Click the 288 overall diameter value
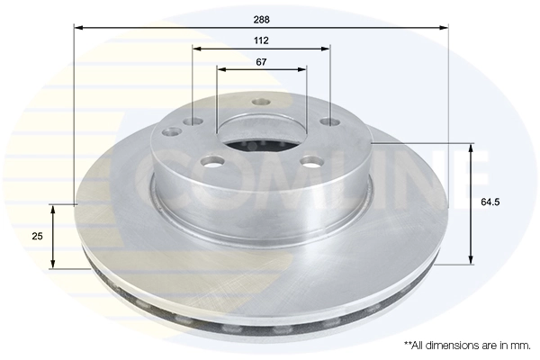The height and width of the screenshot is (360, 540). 261,18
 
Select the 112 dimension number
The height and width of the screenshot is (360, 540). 261,40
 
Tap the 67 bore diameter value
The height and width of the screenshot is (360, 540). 261,61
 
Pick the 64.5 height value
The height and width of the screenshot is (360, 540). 490,202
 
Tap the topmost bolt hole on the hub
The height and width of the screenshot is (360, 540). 261,102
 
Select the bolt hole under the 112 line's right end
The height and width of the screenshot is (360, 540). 329,121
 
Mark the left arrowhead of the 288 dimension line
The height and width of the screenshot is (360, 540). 78,28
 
